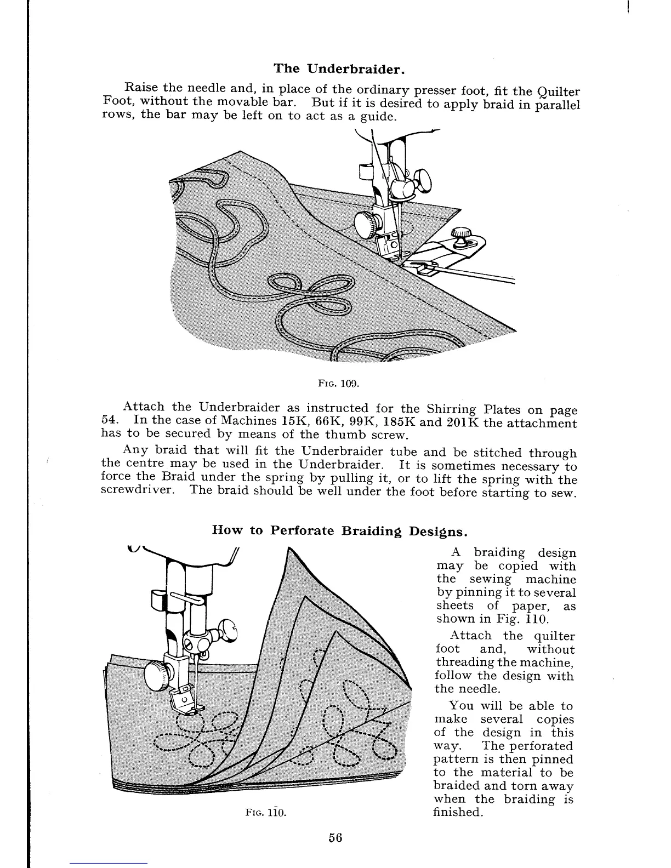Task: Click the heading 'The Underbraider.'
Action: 339,68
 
